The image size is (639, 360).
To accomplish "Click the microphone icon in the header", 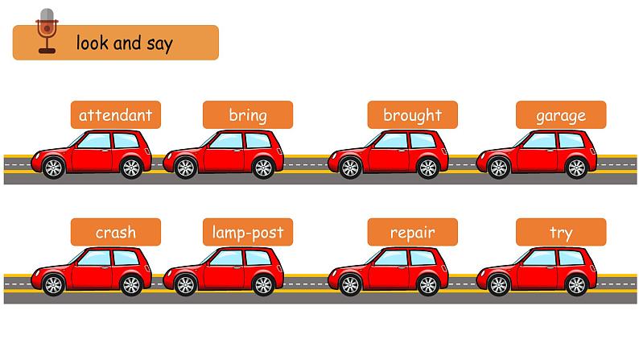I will [x=47, y=31].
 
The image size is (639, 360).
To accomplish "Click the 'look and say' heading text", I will [x=124, y=43].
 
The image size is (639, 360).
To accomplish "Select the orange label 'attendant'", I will [x=115, y=115].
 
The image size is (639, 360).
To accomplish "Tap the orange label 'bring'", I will [x=247, y=115].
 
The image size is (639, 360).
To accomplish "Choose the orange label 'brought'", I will [x=412, y=115].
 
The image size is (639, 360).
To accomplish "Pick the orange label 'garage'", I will [x=561, y=115].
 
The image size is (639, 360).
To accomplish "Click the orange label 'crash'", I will [x=115, y=233].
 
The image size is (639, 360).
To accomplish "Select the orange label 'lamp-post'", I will [x=247, y=233].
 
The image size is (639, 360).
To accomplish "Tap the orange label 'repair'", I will [x=412, y=233].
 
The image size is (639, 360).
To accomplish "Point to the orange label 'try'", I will [x=561, y=233].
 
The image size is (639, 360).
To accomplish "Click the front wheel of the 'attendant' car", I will [x=53, y=168].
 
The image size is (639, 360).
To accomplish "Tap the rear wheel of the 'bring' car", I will [x=262, y=168].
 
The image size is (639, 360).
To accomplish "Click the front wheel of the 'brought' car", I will [x=350, y=168].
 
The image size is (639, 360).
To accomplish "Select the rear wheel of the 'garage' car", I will [x=576, y=168].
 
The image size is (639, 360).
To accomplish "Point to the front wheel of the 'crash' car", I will [x=53, y=284].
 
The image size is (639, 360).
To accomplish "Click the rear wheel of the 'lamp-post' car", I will [x=262, y=284].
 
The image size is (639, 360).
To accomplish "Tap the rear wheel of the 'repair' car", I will [x=427, y=284].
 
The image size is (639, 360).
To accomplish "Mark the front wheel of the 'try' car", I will [x=499, y=284].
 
